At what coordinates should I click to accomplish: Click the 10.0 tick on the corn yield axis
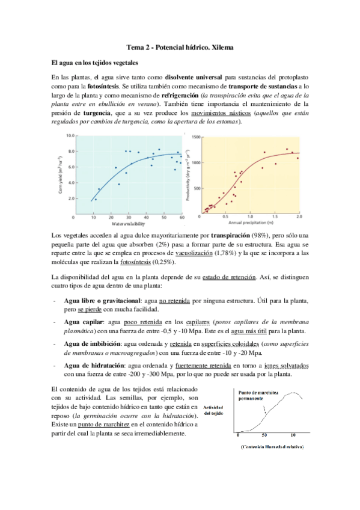click(x=70, y=136)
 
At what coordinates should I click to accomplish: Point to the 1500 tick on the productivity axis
click(x=194, y=137)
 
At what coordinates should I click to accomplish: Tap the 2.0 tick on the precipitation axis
click(x=299, y=215)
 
